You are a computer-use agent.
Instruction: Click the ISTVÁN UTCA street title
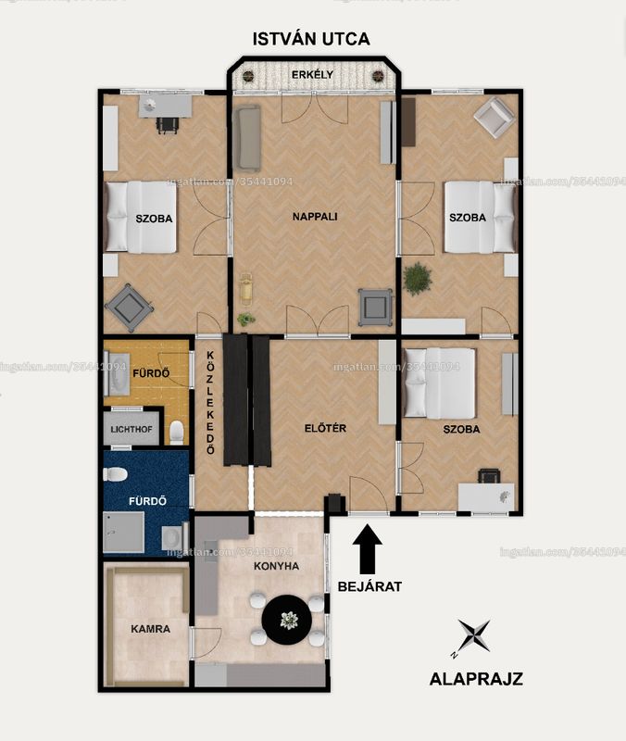click(x=311, y=39)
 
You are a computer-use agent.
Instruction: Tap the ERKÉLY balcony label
click(x=312, y=75)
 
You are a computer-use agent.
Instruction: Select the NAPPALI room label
click(x=315, y=217)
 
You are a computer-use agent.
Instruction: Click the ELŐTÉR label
click(x=325, y=428)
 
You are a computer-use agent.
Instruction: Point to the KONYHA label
click(x=276, y=566)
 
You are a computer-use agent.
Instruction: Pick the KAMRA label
click(x=150, y=629)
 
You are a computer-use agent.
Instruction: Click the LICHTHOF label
click(x=131, y=430)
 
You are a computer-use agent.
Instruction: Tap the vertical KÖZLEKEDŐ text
click(x=211, y=403)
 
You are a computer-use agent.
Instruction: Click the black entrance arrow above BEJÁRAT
click(x=367, y=549)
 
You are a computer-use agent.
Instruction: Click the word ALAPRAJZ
click(x=476, y=679)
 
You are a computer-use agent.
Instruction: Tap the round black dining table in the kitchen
click(x=287, y=620)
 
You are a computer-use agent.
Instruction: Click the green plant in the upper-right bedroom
click(x=418, y=279)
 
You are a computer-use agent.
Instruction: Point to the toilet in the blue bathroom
click(x=115, y=474)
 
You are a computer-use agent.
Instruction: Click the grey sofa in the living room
click(x=246, y=137)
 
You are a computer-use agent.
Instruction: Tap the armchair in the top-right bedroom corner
click(x=495, y=118)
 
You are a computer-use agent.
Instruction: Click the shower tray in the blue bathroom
click(x=124, y=532)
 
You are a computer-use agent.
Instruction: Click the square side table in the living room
click(x=375, y=308)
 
